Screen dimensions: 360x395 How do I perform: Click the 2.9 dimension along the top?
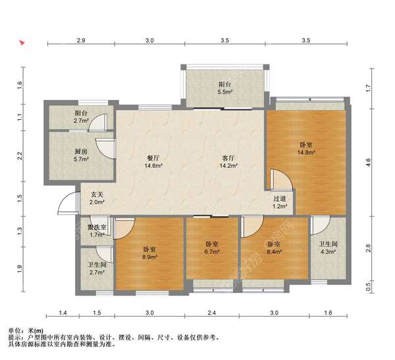pos(81,41)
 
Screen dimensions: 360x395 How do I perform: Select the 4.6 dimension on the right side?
pos(369,160)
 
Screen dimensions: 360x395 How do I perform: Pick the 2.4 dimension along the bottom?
pos(212,313)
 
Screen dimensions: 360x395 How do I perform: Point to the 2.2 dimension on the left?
pos(20,156)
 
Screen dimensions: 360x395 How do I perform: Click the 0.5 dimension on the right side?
pos(369,284)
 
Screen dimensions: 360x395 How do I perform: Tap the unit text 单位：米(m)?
pos(26,330)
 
